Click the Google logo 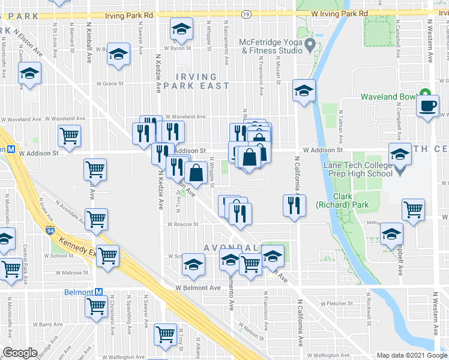20,353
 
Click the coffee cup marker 428,107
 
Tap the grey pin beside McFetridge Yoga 310,45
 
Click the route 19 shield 246,13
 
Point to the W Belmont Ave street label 199,288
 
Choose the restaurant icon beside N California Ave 294,205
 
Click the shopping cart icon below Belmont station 96,307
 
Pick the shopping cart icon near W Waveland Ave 70,136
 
